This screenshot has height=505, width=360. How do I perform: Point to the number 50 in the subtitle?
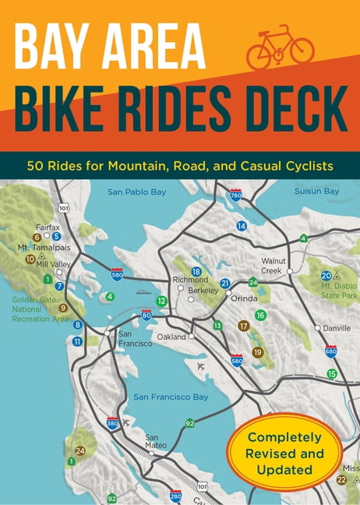[37, 166]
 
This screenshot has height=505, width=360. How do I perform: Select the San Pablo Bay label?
[136, 192]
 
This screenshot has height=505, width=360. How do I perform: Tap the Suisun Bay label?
[317, 191]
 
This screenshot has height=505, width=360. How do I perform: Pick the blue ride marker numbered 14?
[242, 226]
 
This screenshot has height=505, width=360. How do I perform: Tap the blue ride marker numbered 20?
[326, 275]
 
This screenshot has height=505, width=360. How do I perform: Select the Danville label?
[337, 328]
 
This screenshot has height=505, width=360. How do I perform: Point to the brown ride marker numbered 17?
[243, 326]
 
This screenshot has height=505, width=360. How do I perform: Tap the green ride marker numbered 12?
[161, 301]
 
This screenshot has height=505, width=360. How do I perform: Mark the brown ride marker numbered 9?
[63, 307]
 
